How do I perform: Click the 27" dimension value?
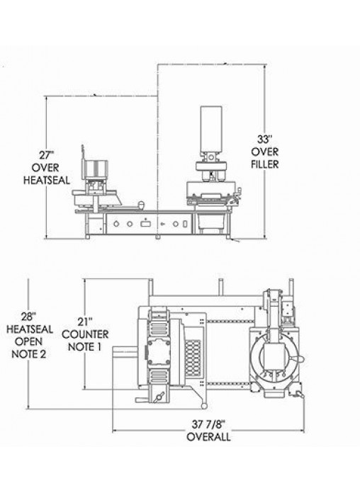(x=47, y=155)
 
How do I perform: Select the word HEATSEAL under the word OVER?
(x=47, y=180)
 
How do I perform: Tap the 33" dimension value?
(x=264, y=139)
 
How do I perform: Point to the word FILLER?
(x=264, y=164)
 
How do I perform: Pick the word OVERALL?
(x=208, y=437)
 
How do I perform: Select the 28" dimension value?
(x=29, y=317)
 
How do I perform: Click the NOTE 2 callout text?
(x=29, y=354)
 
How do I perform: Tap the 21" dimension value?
(x=85, y=322)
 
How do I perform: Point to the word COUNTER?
(x=85, y=334)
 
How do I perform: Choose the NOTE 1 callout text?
(x=85, y=347)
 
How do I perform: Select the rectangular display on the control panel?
(x=145, y=224)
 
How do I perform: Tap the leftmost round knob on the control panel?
(x=116, y=224)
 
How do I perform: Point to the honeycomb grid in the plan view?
(x=193, y=358)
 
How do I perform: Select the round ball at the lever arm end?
(x=204, y=406)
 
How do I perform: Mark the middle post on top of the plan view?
(x=221, y=287)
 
